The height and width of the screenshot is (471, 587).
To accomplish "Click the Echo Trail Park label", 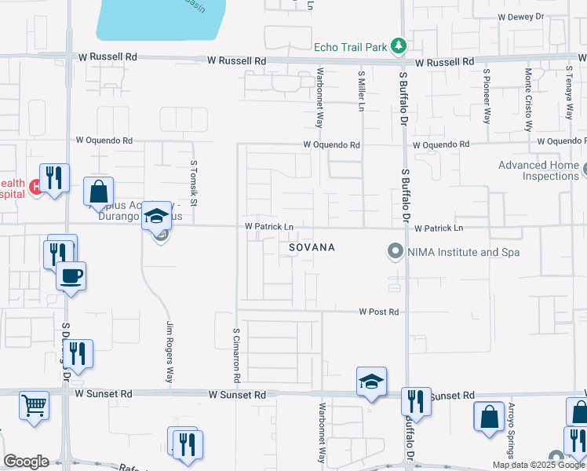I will point(350,47).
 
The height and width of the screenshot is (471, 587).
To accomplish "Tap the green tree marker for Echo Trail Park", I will point(399,46).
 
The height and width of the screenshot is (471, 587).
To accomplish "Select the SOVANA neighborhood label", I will point(312,247).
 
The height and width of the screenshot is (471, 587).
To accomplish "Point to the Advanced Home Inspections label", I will point(538,170).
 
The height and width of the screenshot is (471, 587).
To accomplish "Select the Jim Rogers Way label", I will point(170,352).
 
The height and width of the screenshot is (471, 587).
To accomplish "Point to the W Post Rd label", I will point(380,312).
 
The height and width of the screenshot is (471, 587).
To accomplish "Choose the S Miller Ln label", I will point(362,92).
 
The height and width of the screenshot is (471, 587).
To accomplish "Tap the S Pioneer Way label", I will point(487,97).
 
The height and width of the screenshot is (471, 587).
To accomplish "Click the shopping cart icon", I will point(34,406).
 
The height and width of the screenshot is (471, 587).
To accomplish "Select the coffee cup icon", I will point(71,276).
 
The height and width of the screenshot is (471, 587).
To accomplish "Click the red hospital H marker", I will point(35,187).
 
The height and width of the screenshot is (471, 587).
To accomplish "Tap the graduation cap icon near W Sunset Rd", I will point(371,381).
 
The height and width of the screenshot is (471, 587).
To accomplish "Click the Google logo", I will point(26,462).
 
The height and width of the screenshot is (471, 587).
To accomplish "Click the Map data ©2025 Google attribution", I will point(538,465).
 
